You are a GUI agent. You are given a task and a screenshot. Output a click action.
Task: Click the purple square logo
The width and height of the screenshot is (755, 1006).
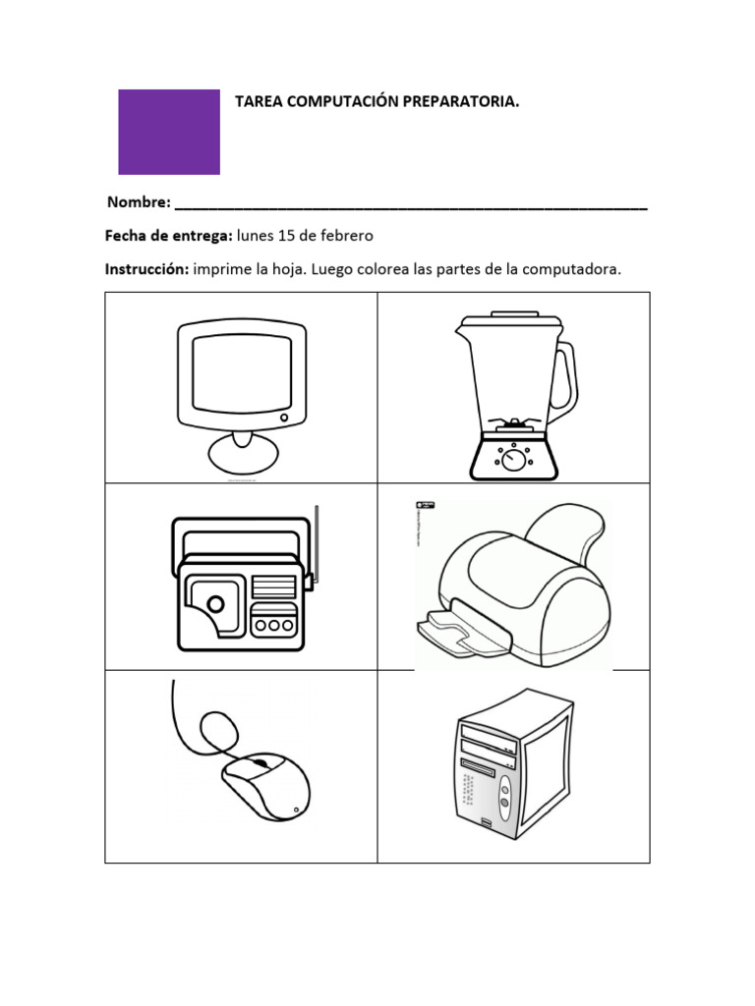tap(169, 132)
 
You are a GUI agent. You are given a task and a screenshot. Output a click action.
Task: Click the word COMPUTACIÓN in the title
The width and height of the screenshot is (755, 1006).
tap(329, 101)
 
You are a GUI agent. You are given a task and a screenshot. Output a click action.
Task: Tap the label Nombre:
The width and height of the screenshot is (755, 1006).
tap(138, 202)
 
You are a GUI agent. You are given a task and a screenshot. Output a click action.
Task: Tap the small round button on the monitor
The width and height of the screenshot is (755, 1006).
tap(285, 418)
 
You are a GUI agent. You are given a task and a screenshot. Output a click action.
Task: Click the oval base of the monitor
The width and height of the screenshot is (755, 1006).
tap(242, 455)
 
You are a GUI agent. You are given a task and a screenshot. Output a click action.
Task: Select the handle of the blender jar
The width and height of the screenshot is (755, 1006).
tap(565, 379)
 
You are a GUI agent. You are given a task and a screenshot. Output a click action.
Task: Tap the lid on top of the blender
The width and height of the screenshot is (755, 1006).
tap(507, 316)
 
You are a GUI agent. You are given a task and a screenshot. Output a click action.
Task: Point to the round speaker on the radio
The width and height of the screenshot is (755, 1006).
tap(213, 602)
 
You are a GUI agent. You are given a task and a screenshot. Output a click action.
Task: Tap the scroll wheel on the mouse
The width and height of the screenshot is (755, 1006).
tap(259, 762)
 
